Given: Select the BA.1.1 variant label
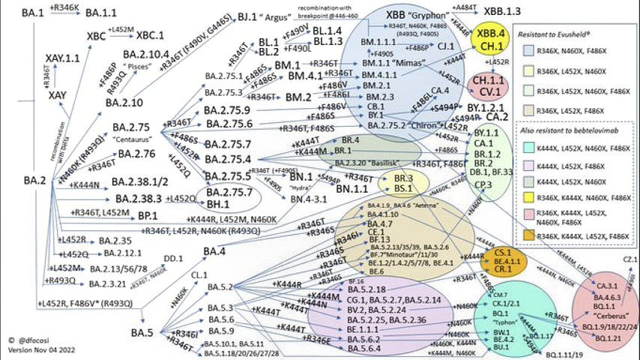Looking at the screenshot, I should point(100,13).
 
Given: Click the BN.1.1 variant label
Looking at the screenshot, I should point(351,189).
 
